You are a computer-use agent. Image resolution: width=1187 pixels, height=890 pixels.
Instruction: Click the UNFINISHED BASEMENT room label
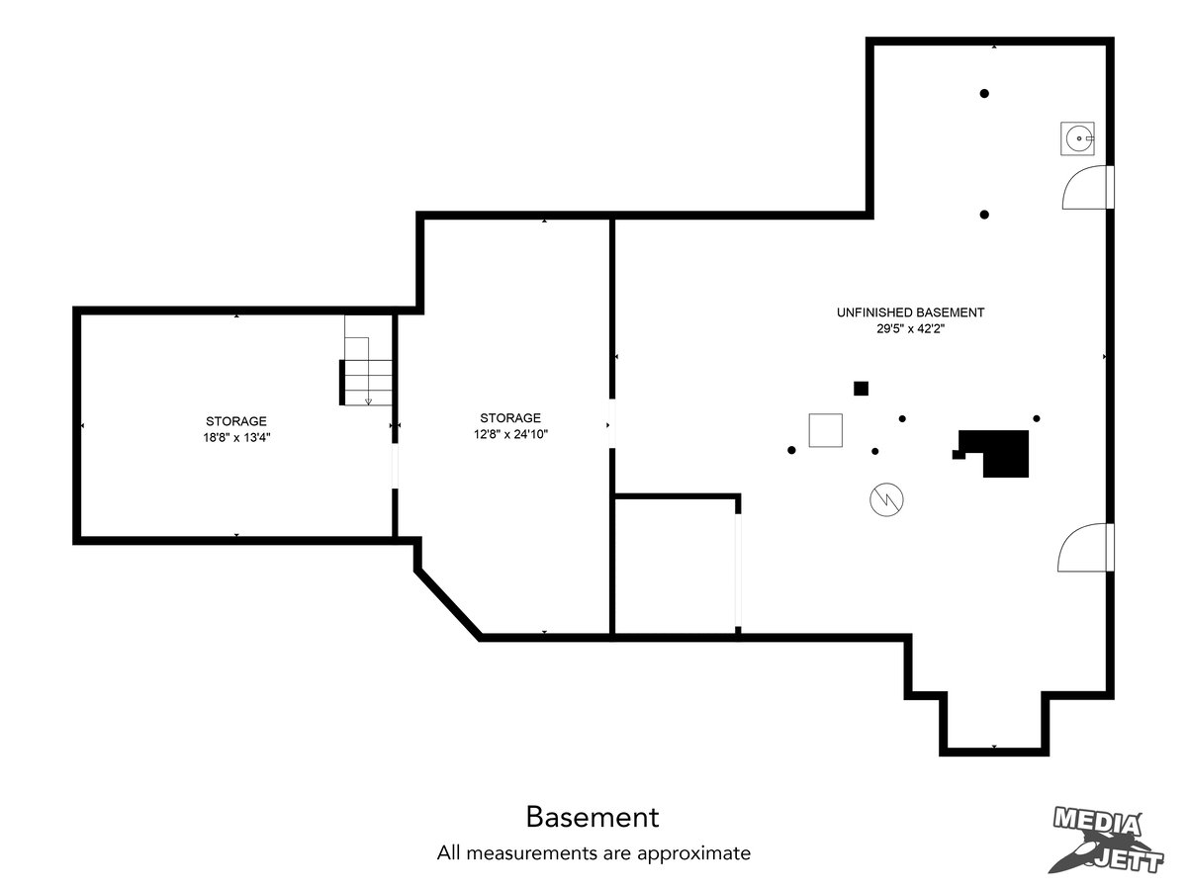910,312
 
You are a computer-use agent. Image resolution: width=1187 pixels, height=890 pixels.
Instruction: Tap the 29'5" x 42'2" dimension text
910,328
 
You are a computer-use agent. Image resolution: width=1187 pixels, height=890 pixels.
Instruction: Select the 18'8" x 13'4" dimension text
236,437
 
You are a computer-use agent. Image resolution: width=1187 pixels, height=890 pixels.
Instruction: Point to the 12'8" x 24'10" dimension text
510,434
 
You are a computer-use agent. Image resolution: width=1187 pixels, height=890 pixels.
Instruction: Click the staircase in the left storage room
366,360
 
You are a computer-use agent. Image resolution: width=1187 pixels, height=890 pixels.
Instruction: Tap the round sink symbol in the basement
1077,138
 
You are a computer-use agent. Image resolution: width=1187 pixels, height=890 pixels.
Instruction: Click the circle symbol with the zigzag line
886,499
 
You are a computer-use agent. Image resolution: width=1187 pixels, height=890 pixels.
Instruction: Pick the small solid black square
861,389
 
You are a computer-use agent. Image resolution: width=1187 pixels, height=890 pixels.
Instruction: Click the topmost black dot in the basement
984,94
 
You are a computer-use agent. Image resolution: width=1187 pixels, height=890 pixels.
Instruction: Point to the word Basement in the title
593,817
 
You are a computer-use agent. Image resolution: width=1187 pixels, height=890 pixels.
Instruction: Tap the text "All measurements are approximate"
593,852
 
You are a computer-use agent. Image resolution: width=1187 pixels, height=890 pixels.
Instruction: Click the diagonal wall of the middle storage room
448,603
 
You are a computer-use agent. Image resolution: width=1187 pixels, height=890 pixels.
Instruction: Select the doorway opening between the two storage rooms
395,467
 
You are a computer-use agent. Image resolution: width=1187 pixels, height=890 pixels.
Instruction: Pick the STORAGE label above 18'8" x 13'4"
236,421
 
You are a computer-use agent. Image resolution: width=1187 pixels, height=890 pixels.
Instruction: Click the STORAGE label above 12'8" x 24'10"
510,417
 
